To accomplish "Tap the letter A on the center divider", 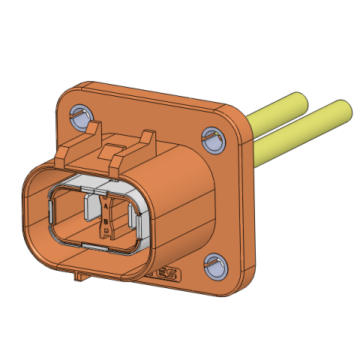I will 106,205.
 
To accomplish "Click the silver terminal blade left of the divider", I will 91,207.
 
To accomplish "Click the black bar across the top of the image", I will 180,22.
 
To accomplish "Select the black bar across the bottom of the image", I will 180,337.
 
